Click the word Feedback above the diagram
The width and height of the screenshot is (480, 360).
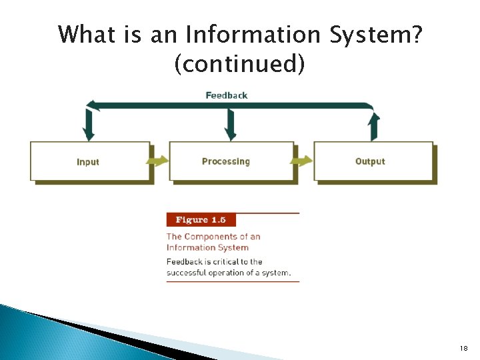click(226, 95)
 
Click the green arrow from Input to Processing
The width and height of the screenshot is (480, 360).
click(158, 161)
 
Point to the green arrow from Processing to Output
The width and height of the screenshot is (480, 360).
click(302, 161)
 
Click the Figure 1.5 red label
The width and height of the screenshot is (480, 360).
click(201, 220)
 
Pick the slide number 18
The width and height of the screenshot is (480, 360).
click(464, 349)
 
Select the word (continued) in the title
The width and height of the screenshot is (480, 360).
click(239, 64)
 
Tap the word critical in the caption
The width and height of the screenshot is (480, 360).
click(228, 262)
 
